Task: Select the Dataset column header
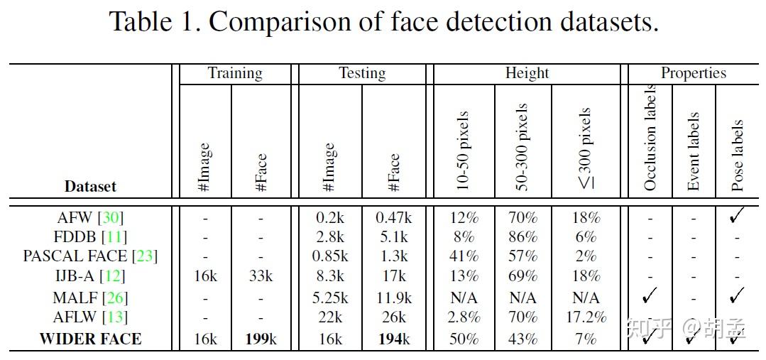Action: click(x=90, y=187)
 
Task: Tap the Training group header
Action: click(x=234, y=73)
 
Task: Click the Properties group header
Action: click(x=693, y=73)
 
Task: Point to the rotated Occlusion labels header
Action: click(x=650, y=138)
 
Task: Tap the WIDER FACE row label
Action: click(x=90, y=339)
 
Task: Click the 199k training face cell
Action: click(x=261, y=339)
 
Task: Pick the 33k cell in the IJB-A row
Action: click(x=261, y=276)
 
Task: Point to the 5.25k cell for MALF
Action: click(x=329, y=298)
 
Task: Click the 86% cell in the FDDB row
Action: click(x=522, y=237)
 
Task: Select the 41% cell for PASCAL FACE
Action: click(x=464, y=256)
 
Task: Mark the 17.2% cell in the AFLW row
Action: click(x=586, y=317)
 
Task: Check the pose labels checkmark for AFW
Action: click(x=738, y=216)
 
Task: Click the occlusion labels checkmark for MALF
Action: click(x=649, y=295)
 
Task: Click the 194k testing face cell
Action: click(x=394, y=339)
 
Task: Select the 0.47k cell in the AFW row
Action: click(x=394, y=218)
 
